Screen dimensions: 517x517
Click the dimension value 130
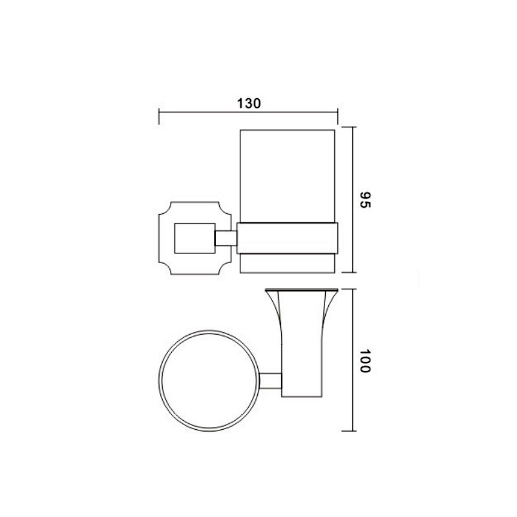[249, 103]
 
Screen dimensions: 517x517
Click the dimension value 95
[365, 200]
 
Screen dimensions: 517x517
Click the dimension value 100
[365, 361]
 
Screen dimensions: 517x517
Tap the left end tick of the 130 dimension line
[159, 116]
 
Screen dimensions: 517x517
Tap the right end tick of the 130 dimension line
[337, 116]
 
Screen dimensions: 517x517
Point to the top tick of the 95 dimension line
[350, 127]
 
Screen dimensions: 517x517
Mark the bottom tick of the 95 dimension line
[350, 272]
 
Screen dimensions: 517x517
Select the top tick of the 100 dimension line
[350, 289]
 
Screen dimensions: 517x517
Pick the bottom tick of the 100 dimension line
[350, 430]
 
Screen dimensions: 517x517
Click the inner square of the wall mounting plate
[195, 238]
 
